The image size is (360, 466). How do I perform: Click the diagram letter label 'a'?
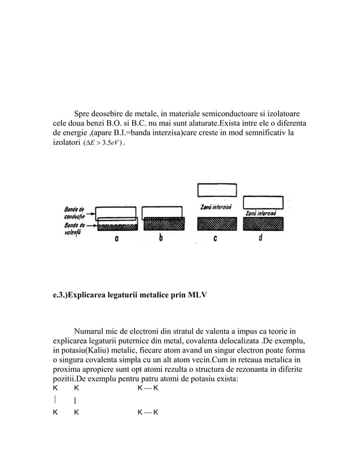pos(116,239)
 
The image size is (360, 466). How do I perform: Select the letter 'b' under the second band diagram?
pos(161,239)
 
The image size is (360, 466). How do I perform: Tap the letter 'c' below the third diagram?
pos(216,239)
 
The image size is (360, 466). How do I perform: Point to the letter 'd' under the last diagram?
pos(260,239)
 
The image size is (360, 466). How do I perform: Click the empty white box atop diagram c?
pos(217,190)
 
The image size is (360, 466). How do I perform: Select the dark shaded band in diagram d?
pos(262,224)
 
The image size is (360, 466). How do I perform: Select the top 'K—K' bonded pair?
pos(148,389)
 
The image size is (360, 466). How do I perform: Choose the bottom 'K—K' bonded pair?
pos(148,412)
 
